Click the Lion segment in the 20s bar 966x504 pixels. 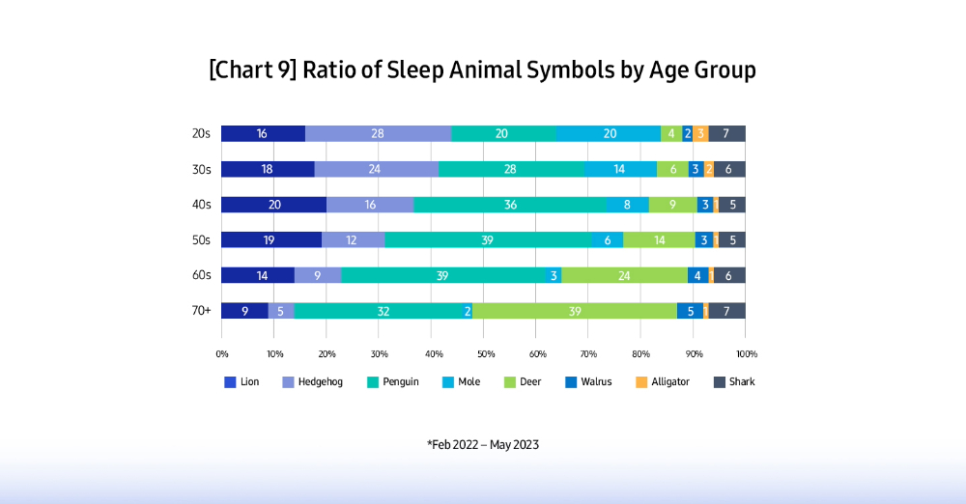click(x=263, y=133)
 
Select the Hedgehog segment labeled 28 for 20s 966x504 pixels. click(x=378, y=133)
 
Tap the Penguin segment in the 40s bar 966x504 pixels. click(x=509, y=205)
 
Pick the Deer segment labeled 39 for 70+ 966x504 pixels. click(x=574, y=311)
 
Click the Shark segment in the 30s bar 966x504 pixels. click(x=729, y=169)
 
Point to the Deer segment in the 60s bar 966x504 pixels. click(x=624, y=275)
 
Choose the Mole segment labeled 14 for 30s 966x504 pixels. click(x=620, y=169)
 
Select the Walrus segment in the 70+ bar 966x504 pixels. click(x=690, y=311)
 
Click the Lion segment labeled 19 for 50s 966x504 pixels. click(x=271, y=239)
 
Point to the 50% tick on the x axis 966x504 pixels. click(x=484, y=354)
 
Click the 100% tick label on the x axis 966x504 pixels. click(x=746, y=354)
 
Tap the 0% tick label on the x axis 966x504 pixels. click(x=222, y=354)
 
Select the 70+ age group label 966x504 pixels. click(x=202, y=311)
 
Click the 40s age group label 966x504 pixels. click(x=202, y=205)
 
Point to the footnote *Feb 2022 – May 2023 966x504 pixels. click(x=483, y=445)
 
